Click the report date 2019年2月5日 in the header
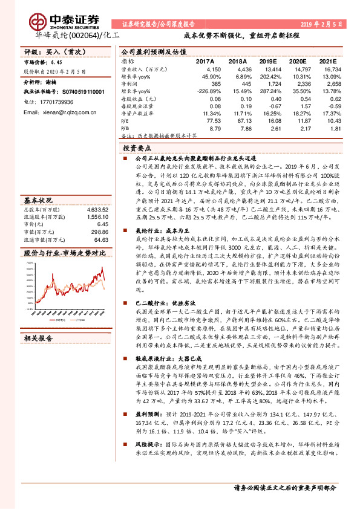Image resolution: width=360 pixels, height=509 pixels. [321, 23]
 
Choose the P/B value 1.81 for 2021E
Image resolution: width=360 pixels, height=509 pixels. [326, 128]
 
